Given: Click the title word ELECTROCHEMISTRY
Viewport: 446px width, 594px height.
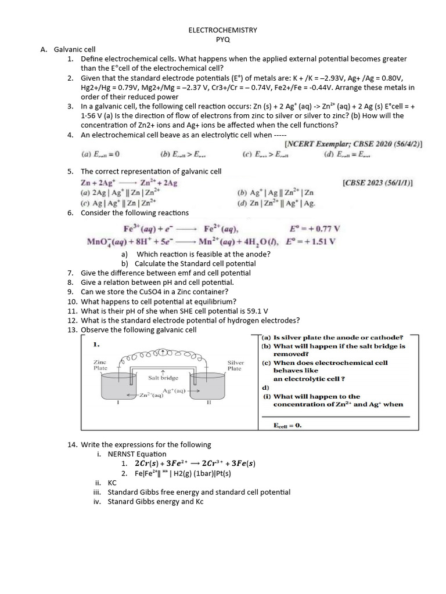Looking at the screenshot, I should (x=223, y=30).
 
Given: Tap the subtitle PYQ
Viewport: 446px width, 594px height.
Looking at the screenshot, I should (x=223, y=38).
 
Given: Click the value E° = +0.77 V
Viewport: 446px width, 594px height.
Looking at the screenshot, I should (x=314, y=229).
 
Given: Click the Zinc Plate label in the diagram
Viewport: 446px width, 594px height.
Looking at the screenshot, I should (x=100, y=365).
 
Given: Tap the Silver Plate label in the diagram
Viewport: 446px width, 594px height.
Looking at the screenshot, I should (x=235, y=365).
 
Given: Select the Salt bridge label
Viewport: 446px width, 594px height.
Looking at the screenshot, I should (x=163, y=378).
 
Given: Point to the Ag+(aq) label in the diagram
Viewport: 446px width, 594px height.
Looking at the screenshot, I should (x=174, y=390).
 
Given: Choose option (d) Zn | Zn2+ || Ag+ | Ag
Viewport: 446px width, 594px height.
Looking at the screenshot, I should (x=276, y=203).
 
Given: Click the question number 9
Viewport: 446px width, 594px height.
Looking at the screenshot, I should (x=70, y=292).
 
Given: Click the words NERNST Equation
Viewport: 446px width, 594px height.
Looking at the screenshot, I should (x=137, y=454).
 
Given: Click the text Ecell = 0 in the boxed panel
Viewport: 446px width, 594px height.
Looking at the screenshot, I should (x=287, y=425).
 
